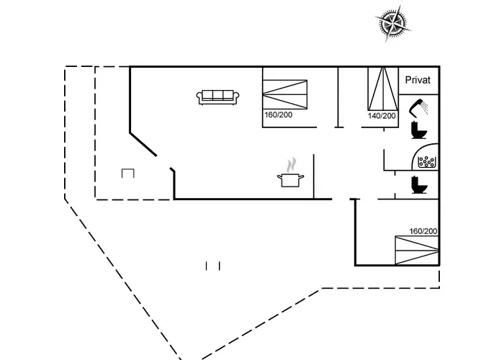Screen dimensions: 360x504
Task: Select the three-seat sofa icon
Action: tap(217, 96)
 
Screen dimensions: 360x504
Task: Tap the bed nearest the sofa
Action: tap(284, 94)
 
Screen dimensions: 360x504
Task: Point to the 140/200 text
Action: tap(382, 116)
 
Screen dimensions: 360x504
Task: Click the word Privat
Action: tap(418, 81)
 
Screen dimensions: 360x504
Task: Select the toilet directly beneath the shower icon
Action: tap(417, 130)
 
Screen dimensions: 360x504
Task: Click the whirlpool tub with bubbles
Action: tap(428, 161)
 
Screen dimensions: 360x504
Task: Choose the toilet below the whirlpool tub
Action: tap(418, 185)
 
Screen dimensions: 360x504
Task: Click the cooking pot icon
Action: tap(290, 179)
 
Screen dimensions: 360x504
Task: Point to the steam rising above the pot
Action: tap(290, 164)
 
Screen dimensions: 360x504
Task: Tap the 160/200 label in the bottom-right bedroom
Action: tap(423, 231)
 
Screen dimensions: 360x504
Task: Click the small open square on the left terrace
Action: tap(128, 173)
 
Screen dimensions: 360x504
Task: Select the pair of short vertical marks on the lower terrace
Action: tap(212, 266)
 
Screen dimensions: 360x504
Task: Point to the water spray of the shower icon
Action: tap(426, 108)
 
